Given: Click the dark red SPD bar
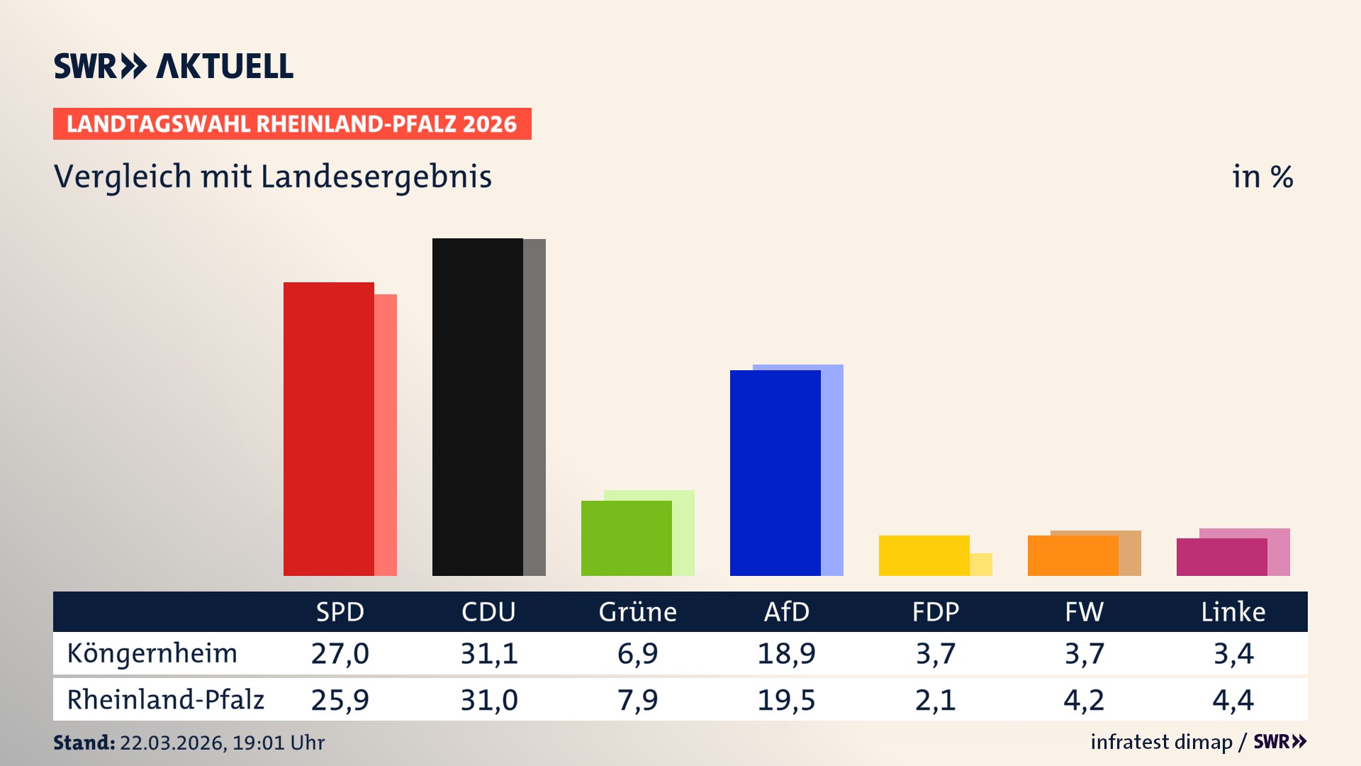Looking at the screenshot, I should tap(328, 429).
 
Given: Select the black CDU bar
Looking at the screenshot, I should tap(477, 407).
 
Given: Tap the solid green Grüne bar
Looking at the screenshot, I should tap(626, 538).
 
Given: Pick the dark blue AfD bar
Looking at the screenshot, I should tap(775, 473).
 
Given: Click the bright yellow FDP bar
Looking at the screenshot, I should tap(924, 555).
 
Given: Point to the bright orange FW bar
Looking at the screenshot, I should tap(1072, 555).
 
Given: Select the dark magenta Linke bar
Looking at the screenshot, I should tap(1221, 557).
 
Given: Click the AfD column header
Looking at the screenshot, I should tap(786, 612).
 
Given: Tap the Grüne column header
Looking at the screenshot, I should tap(637, 612).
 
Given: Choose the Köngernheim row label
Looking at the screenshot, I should tap(152, 653).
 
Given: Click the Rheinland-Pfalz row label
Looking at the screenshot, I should tap(165, 700).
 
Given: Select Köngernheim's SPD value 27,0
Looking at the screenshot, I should tap(340, 653).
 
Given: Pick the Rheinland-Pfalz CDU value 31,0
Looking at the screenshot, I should tap(488, 700).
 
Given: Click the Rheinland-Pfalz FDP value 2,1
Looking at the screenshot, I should tap(935, 700).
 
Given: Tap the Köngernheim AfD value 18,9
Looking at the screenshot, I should tap(786, 653).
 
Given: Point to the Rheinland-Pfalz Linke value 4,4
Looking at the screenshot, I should tap(1233, 700).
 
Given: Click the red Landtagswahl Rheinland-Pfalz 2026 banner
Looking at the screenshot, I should tap(292, 124).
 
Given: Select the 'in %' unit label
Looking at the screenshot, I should tap(1262, 177).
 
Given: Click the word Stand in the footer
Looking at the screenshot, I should tap(84, 743).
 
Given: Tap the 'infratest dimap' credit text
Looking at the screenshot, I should tap(1161, 742).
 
